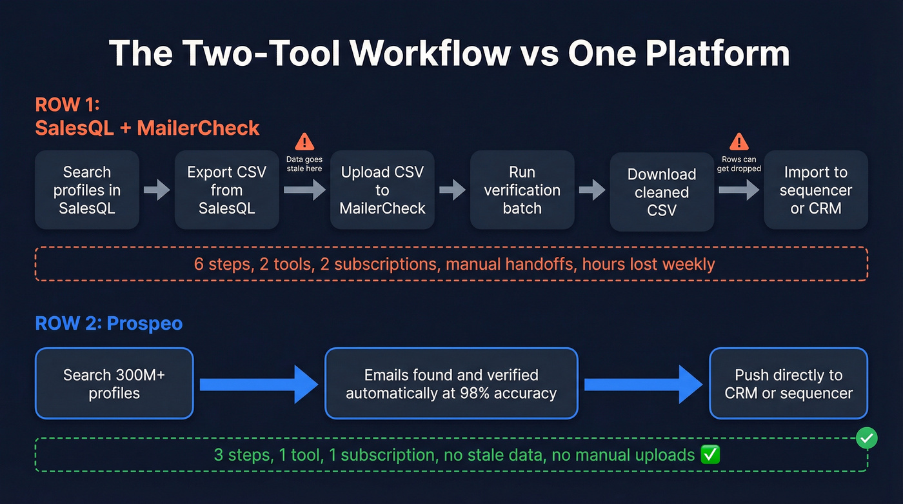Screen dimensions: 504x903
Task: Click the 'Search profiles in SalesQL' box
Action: click(x=87, y=190)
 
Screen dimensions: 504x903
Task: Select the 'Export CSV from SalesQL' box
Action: click(x=226, y=190)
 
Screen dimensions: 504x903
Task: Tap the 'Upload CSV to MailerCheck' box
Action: click(x=382, y=190)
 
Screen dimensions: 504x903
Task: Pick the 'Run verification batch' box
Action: click(x=522, y=190)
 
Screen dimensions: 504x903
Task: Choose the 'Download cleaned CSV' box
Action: click(x=662, y=192)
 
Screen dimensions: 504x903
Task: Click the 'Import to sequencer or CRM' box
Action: click(x=816, y=190)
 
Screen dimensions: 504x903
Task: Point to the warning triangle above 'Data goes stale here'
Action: click(x=304, y=142)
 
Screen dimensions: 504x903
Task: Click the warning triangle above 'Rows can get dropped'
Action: click(x=739, y=142)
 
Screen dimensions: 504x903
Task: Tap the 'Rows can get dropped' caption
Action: click(x=739, y=164)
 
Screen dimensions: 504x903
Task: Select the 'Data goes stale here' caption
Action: click(x=304, y=164)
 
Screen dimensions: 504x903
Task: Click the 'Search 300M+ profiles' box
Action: click(x=114, y=384)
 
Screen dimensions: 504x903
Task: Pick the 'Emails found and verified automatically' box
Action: click(x=451, y=384)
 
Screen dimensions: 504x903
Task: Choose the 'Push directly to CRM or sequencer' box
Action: click(x=788, y=384)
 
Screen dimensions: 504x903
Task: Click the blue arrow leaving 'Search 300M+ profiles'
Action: click(x=259, y=385)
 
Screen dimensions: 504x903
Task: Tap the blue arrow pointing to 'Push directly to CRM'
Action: click(x=643, y=385)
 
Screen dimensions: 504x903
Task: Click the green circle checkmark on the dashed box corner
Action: click(x=866, y=439)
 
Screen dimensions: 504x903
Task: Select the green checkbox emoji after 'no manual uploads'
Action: click(x=710, y=455)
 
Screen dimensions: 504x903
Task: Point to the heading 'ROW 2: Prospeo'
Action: click(x=108, y=323)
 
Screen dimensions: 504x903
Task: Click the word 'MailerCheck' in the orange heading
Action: click(x=198, y=128)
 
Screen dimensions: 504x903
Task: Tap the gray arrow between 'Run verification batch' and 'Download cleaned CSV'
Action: click(x=592, y=190)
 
